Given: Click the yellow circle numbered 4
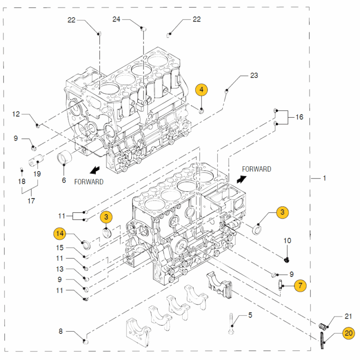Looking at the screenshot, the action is (x=201, y=90).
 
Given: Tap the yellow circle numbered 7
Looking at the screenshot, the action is (x=300, y=286).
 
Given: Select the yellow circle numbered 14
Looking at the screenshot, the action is (x=60, y=233).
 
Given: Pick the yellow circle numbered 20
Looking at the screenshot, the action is (x=348, y=333).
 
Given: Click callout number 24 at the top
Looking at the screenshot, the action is (x=116, y=19).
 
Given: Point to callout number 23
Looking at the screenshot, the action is (x=254, y=75).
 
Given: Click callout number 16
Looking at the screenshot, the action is (x=299, y=117).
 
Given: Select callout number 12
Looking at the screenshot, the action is (x=16, y=114).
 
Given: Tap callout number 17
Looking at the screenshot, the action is (x=31, y=201).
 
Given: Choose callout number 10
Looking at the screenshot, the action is (x=287, y=241).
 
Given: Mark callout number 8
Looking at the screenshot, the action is (x=60, y=331).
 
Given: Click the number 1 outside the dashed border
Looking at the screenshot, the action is (x=324, y=178).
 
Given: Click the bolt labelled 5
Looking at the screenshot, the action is (x=231, y=324).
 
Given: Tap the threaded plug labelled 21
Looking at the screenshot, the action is (x=322, y=326).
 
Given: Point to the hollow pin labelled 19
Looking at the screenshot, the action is (x=36, y=160).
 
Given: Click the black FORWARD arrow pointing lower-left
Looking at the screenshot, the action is (x=94, y=170).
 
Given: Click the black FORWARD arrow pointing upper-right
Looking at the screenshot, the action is (x=242, y=179).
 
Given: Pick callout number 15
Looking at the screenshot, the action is (x=60, y=248).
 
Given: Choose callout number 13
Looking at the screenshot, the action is (x=60, y=269).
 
